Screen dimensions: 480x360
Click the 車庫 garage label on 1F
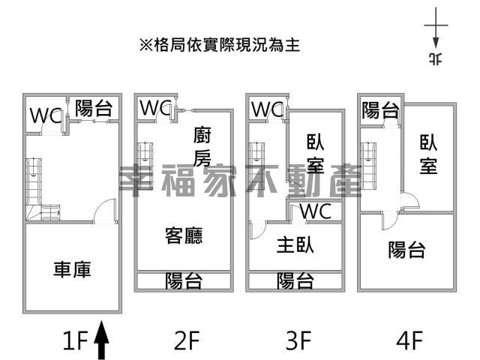point(72,269)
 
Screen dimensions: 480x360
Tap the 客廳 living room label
point(184,235)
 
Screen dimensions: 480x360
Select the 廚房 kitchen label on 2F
point(202,147)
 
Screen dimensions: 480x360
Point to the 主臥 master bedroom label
point(295,245)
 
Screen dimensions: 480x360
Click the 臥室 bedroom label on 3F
point(316,153)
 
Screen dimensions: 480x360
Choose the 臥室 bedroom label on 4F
point(428,154)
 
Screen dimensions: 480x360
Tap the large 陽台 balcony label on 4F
point(406,250)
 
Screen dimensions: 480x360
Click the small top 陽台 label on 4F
point(380,110)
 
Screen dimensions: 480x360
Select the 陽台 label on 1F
point(94,108)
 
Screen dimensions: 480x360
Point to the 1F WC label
point(46,115)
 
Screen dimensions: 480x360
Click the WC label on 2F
point(155,108)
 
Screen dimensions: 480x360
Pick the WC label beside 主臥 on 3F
point(316,211)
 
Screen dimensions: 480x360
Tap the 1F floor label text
point(75,340)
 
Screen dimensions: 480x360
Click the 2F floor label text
point(187,340)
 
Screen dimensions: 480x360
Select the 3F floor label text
point(298,340)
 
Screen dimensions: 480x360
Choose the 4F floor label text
point(409,340)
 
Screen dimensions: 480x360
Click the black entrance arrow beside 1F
point(101,340)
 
